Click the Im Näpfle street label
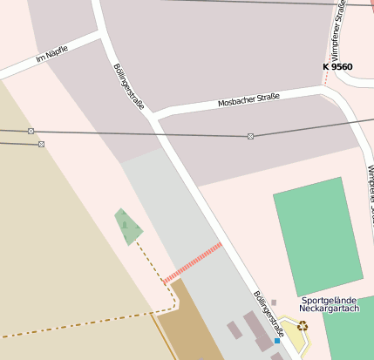pos(51,55)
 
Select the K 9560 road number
pos(337,66)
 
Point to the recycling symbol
pos(303,326)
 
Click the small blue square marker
pos(277,341)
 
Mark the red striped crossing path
pos(193,263)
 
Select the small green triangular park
pos(128,227)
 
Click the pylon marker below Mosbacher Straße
pos(251,136)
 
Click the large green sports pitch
pos(317,235)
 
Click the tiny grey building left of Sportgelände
pos(274,302)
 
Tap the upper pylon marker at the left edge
pos(31,131)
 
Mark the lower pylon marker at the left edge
pos(41,144)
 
